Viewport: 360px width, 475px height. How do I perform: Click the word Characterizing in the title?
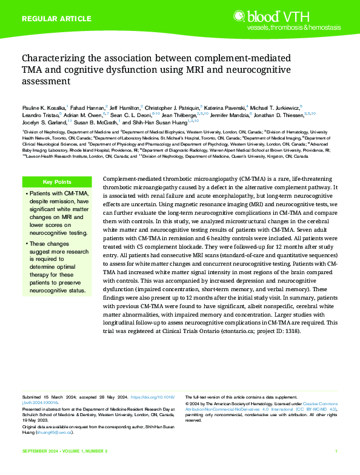(53, 59)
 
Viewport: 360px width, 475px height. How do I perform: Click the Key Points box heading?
(57, 182)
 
